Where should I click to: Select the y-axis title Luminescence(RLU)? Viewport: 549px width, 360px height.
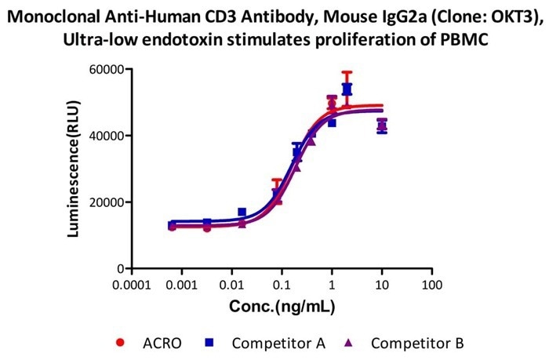[74, 168]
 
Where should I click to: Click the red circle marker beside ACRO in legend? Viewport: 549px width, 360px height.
[119, 343]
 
